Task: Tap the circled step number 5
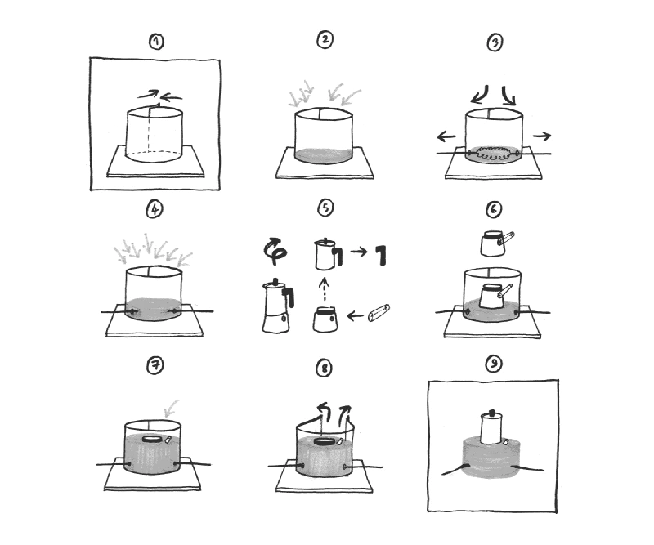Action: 325,208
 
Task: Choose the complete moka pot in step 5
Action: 276,306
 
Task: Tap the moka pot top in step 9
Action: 493,427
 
